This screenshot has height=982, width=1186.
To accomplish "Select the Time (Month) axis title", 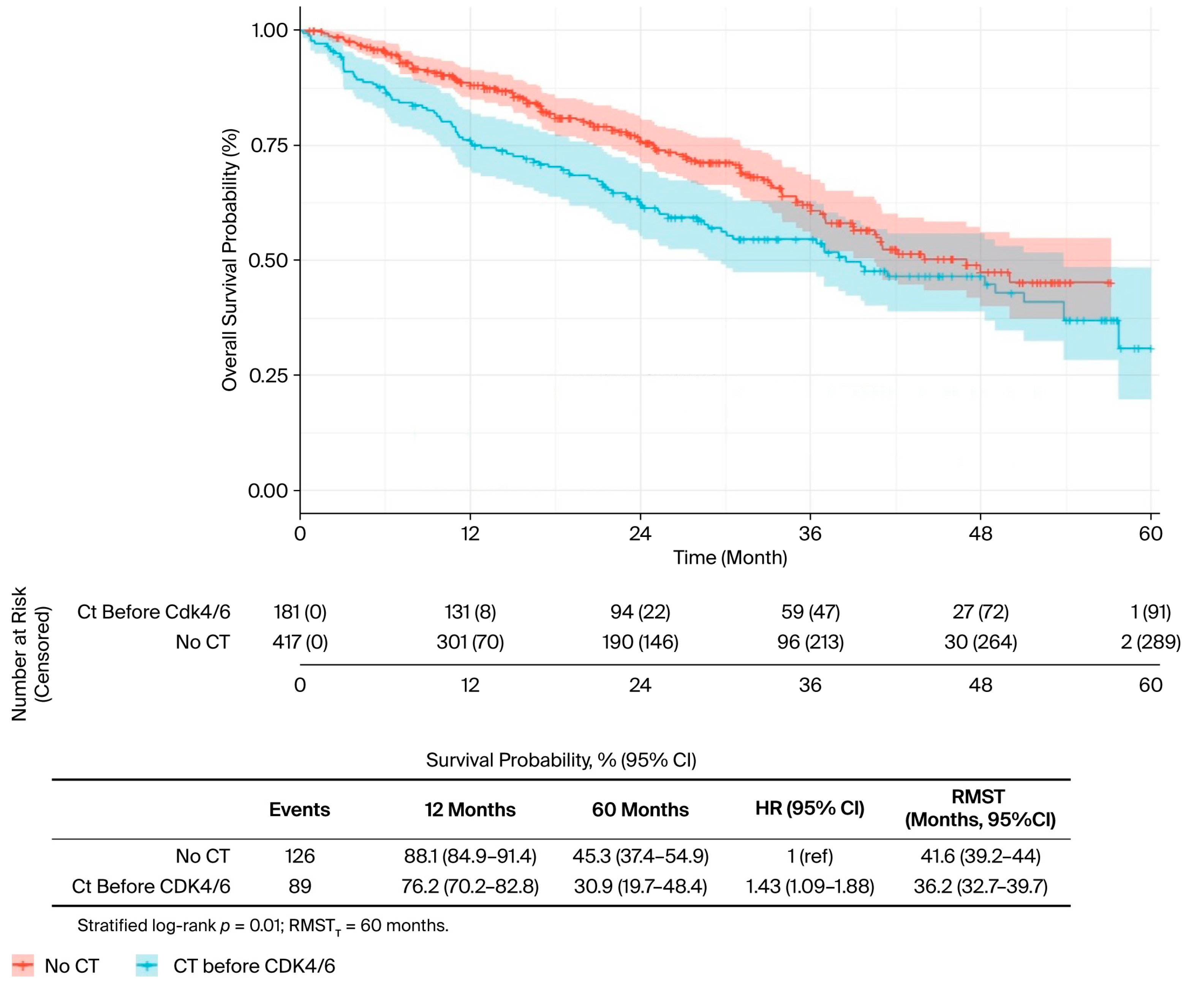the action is click(x=730, y=557).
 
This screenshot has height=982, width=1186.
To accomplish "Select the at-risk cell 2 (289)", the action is click(x=1150, y=642).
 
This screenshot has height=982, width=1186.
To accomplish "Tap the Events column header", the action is click(x=299, y=809).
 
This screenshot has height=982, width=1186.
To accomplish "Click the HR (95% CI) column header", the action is click(x=810, y=808).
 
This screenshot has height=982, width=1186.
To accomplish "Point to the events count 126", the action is click(x=299, y=856).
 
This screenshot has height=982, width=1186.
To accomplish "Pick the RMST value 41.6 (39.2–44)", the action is click(x=980, y=856).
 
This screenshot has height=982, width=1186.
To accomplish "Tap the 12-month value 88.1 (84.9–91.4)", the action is click(x=470, y=856).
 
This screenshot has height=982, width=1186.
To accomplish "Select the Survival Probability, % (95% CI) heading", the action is click(x=561, y=760).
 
